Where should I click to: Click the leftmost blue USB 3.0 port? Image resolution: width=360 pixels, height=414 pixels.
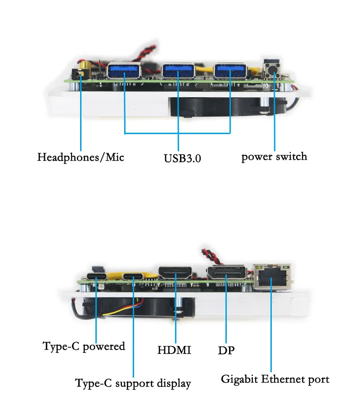click(x=125, y=71)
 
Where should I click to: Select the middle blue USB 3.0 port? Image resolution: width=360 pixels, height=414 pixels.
click(x=179, y=71)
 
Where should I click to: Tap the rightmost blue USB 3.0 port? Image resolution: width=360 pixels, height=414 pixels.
click(x=230, y=71)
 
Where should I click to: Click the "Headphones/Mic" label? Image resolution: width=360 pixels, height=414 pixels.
click(x=81, y=157)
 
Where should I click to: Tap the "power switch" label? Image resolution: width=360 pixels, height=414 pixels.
click(x=274, y=157)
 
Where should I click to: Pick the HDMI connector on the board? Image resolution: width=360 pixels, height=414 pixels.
click(x=175, y=274)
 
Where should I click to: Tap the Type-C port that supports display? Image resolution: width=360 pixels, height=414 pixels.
click(x=134, y=277)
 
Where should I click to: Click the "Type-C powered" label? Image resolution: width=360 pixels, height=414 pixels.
click(x=84, y=346)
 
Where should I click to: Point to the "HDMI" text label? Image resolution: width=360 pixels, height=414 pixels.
click(x=174, y=350)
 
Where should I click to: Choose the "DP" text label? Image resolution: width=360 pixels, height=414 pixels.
click(x=226, y=350)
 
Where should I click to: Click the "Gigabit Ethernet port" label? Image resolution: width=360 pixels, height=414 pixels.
click(x=275, y=379)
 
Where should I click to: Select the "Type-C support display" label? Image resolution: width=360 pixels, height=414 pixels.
click(x=133, y=383)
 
